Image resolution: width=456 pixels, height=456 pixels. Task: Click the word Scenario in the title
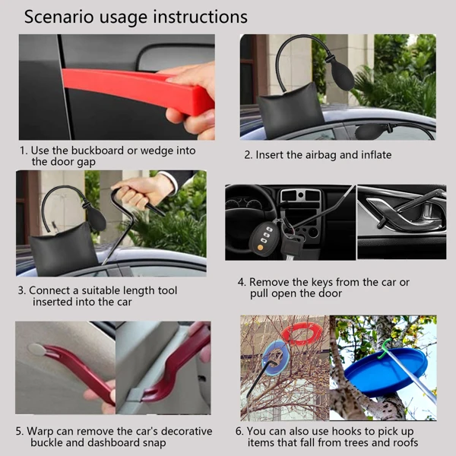click(59, 17)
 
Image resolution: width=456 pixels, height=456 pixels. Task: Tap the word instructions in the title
click(201, 17)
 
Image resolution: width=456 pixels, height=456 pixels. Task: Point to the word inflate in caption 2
click(376, 155)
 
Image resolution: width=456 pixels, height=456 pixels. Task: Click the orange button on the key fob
click(260, 248)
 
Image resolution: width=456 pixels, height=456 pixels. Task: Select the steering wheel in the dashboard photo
click(249, 204)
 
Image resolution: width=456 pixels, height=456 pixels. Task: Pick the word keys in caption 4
click(322, 283)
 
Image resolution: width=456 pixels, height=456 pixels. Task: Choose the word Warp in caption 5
click(40, 432)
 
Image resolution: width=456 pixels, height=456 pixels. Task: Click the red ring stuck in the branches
click(301, 334)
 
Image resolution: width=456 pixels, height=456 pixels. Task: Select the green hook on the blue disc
click(385, 349)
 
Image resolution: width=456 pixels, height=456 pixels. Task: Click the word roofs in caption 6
click(405, 443)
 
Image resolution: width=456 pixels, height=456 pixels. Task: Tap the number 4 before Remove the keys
click(242, 283)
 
